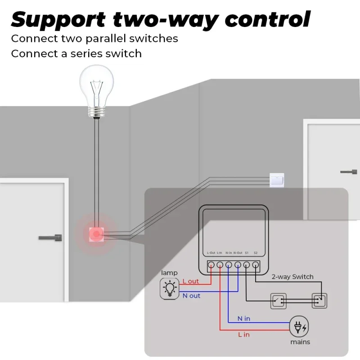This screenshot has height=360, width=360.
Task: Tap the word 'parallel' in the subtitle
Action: pyautogui.click(x=102, y=38)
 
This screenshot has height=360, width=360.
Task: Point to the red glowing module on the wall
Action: pyautogui.click(x=96, y=233)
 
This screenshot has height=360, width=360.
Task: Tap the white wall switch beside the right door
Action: pyautogui.click(x=276, y=180)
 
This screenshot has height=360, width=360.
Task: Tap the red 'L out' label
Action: pyautogui.click(x=190, y=281)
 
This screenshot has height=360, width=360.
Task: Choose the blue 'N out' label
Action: pyautogui.click(x=191, y=296)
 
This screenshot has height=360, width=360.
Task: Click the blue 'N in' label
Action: pyautogui.click(x=244, y=319)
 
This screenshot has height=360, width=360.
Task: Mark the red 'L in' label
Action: pyautogui.click(x=243, y=334)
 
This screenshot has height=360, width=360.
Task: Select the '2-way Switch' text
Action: pyautogui.click(x=292, y=277)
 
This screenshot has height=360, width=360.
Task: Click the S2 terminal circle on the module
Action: pyautogui.click(x=255, y=265)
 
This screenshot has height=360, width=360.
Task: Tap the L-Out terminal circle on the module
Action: pyautogui.click(x=211, y=265)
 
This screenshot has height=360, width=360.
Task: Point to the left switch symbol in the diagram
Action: pyautogui.click(x=277, y=301)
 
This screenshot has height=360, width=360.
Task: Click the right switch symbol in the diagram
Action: pyautogui.click(x=319, y=301)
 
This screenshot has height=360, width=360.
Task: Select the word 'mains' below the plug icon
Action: pyautogui.click(x=300, y=342)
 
